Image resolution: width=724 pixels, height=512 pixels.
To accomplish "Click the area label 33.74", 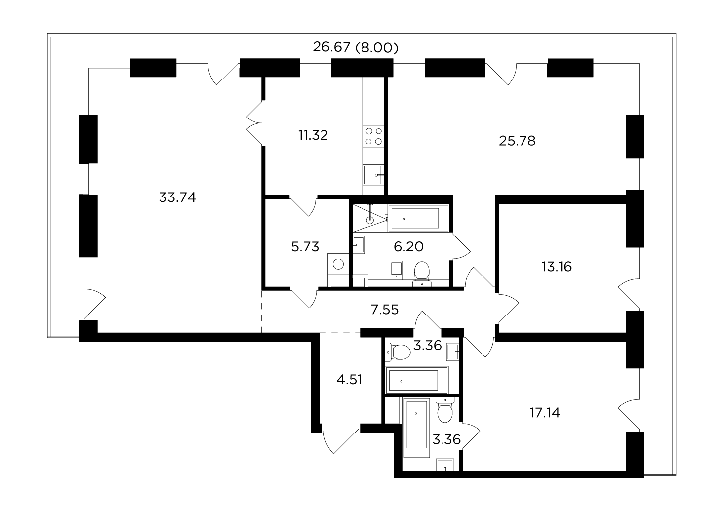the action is pyautogui.click(x=177, y=197).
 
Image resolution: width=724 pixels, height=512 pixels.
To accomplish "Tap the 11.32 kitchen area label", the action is pyautogui.click(x=313, y=135).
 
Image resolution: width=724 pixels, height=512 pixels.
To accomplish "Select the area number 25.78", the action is pyautogui.click(x=517, y=141).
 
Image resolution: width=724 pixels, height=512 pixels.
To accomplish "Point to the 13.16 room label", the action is pyautogui.click(x=557, y=267).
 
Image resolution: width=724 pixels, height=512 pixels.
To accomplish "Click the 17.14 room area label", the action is pyautogui.click(x=545, y=412).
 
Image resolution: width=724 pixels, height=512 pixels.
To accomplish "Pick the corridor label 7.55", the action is pyautogui.click(x=385, y=310).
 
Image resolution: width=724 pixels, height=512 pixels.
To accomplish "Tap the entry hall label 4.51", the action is pyautogui.click(x=349, y=380).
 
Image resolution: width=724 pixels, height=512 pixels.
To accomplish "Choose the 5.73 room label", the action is pyautogui.click(x=305, y=247).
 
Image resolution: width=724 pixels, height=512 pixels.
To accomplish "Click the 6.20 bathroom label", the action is pyautogui.click(x=408, y=247).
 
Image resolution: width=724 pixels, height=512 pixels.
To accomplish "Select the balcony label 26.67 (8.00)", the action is pyautogui.click(x=356, y=47).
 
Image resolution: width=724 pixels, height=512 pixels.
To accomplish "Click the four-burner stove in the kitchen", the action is pyautogui.click(x=374, y=136).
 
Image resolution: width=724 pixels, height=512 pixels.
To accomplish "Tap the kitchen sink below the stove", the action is pyautogui.click(x=373, y=175).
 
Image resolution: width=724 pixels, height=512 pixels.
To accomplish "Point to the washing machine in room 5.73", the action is pyautogui.click(x=338, y=264).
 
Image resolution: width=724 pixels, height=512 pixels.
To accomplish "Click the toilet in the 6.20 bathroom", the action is pyautogui.click(x=422, y=274).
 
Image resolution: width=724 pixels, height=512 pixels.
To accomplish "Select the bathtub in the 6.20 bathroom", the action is pyautogui.click(x=419, y=218).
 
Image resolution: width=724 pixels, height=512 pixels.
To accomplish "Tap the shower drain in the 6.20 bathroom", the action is pyautogui.click(x=370, y=220).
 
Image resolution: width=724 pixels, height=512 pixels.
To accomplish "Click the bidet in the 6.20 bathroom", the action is pyautogui.click(x=396, y=270).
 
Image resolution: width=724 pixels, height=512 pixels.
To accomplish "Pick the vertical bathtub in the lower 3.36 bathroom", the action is pyautogui.click(x=417, y=428).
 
